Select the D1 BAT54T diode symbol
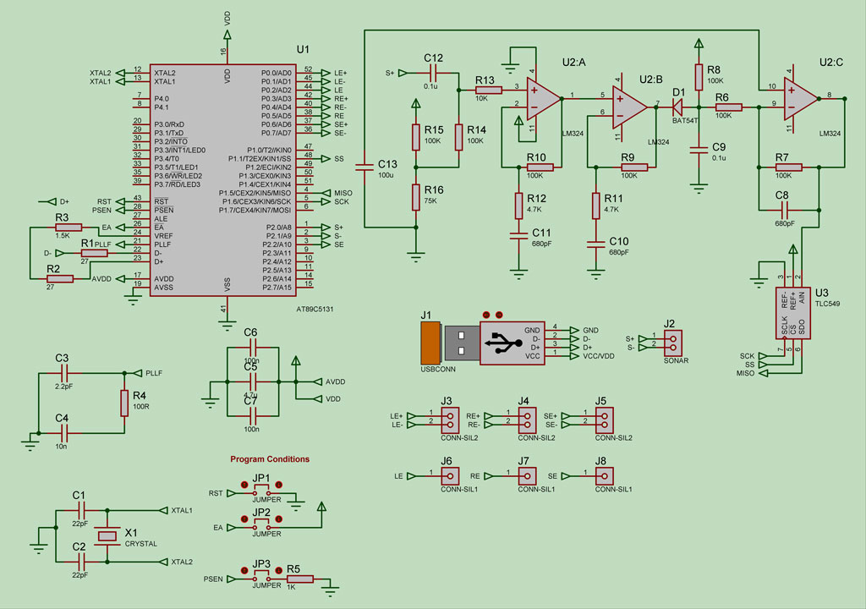tap(677, 107)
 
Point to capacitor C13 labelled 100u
tap(365, 167)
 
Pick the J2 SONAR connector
tap(672, 343)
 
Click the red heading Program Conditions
tap(270, 459)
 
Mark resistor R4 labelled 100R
tap(124, 403)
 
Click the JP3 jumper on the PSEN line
tap(261, 579)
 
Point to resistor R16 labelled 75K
tap(415, 197)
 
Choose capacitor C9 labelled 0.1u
tap(699, 151)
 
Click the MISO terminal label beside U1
tap(343, 193)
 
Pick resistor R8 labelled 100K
tap(699, 77)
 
